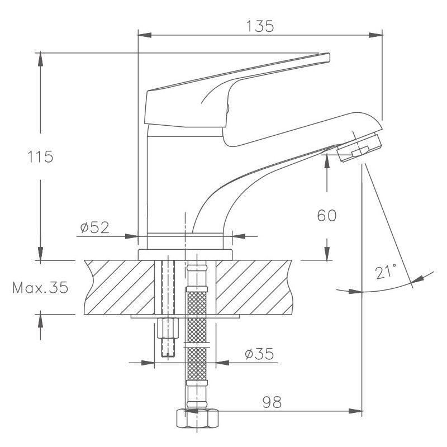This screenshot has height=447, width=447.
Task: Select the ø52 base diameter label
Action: click(x=94, y=227)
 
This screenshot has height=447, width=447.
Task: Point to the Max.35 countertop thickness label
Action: click(x=40, y=288)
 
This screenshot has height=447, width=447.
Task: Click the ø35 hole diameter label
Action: click(x=258, y=354)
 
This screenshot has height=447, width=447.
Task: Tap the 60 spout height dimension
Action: click(x=327, y=215)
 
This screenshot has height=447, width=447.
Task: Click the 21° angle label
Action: click(x=386, y=272)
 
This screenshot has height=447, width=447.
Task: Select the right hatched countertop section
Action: click(x=254, y=287)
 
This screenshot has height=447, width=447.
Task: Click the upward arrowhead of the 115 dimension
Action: click(x=40, y=59)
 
